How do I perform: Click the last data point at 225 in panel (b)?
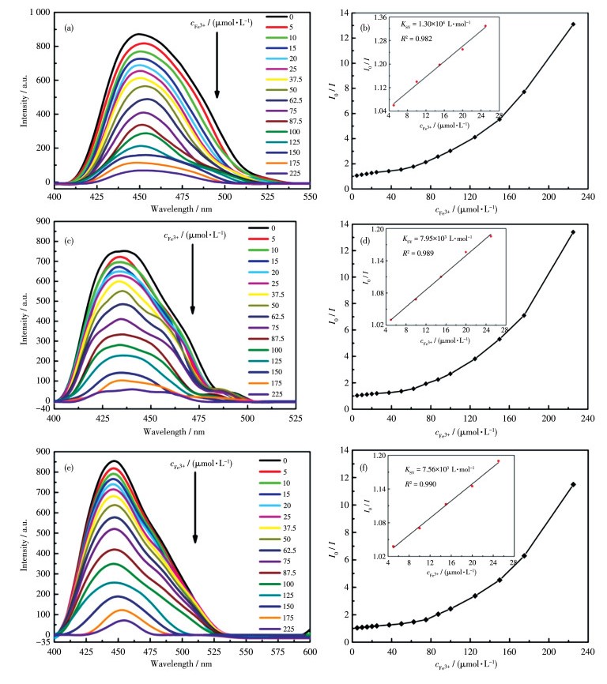point(573,24)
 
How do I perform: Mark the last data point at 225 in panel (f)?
point(573,484)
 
